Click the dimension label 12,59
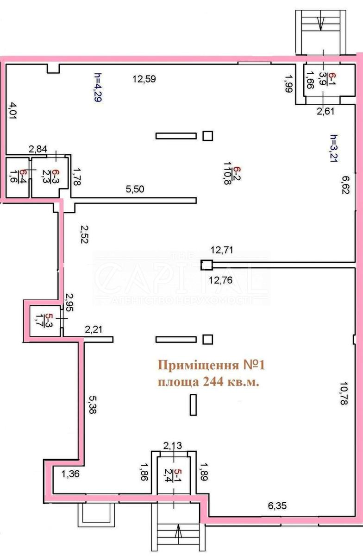(144, 79)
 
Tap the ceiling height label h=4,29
(98, 88)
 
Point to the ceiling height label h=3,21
(334, 148)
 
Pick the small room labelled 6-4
(18, 176)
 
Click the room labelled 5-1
(174, 475)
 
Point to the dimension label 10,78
(344, 393)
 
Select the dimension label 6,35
(277, 505)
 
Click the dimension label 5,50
(135, 189)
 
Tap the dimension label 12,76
(220, 280)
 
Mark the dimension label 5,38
(93, 404)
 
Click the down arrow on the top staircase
(320, 23)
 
